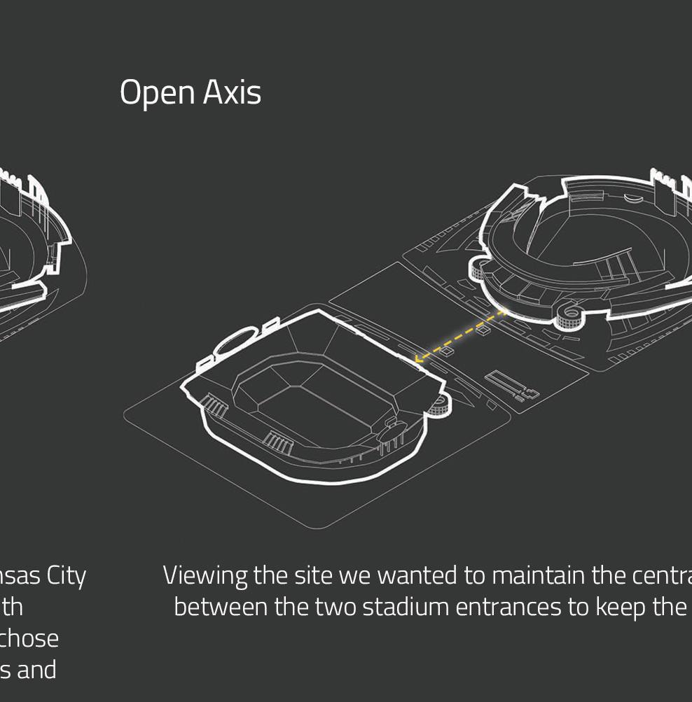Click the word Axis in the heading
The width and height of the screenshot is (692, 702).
pos(233,92)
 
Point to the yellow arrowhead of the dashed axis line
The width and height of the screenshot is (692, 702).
pos(418,359)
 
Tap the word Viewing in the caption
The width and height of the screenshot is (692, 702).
pos(205,576)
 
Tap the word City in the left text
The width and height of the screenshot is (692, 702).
pos(67,575)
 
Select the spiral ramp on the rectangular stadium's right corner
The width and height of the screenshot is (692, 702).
pos(440,404)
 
